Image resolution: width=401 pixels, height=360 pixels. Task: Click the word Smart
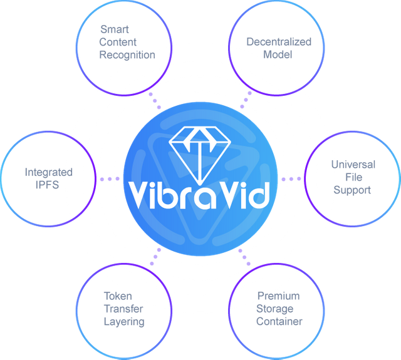click(x=115, y=29)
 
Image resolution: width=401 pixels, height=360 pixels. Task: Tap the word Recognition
click(x=127, y=55)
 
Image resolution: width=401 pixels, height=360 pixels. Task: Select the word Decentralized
click(x=279, y=42)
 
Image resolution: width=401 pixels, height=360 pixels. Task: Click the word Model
click(x=278, y=54)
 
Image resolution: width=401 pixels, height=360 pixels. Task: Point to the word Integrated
click(x=49, y=172)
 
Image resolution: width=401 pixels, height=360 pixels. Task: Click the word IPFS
click(x=47, y=185)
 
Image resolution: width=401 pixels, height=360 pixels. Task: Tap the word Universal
click(x=353, y=165)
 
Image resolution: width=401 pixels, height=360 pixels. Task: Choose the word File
click(x=353, y=177)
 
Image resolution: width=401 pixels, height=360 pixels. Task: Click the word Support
click(x=352, y=190)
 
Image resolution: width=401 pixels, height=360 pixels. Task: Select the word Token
click(x=118, y=296)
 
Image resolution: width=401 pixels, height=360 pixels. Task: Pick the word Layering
click(x=124, y=322)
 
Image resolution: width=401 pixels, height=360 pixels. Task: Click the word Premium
click(x=278, y=296)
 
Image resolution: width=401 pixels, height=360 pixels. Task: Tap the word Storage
click(x=274, y=309)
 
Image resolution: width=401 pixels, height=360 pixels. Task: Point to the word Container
click(x=279, y=321)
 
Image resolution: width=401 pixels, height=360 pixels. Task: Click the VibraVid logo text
click(x=199, y=195)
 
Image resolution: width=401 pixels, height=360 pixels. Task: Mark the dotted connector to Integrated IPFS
click(x=110, y=179)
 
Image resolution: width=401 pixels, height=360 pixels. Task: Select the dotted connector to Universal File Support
click(x=291, y=179)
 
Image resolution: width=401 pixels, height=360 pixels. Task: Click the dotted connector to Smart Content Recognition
click(x=155, y=101)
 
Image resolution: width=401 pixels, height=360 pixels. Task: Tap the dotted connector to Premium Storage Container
click(x=244, y=257)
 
